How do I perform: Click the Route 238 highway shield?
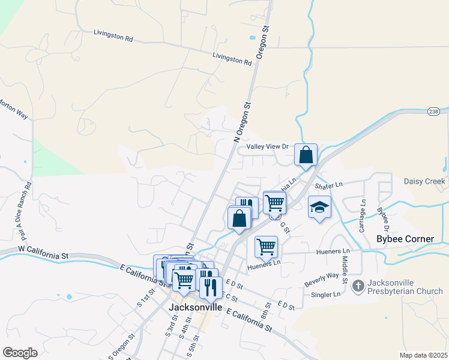click(434, 112)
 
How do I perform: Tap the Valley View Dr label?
click(268, 146)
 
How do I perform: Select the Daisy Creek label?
click(424, 181)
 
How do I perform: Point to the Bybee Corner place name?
click(405, 239)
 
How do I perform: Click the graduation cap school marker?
click(319, 208)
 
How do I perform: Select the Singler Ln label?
click(326, 295)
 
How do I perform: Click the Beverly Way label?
click(321, 279)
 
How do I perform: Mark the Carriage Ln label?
click(363, 217)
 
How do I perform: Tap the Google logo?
click(20, 353)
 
